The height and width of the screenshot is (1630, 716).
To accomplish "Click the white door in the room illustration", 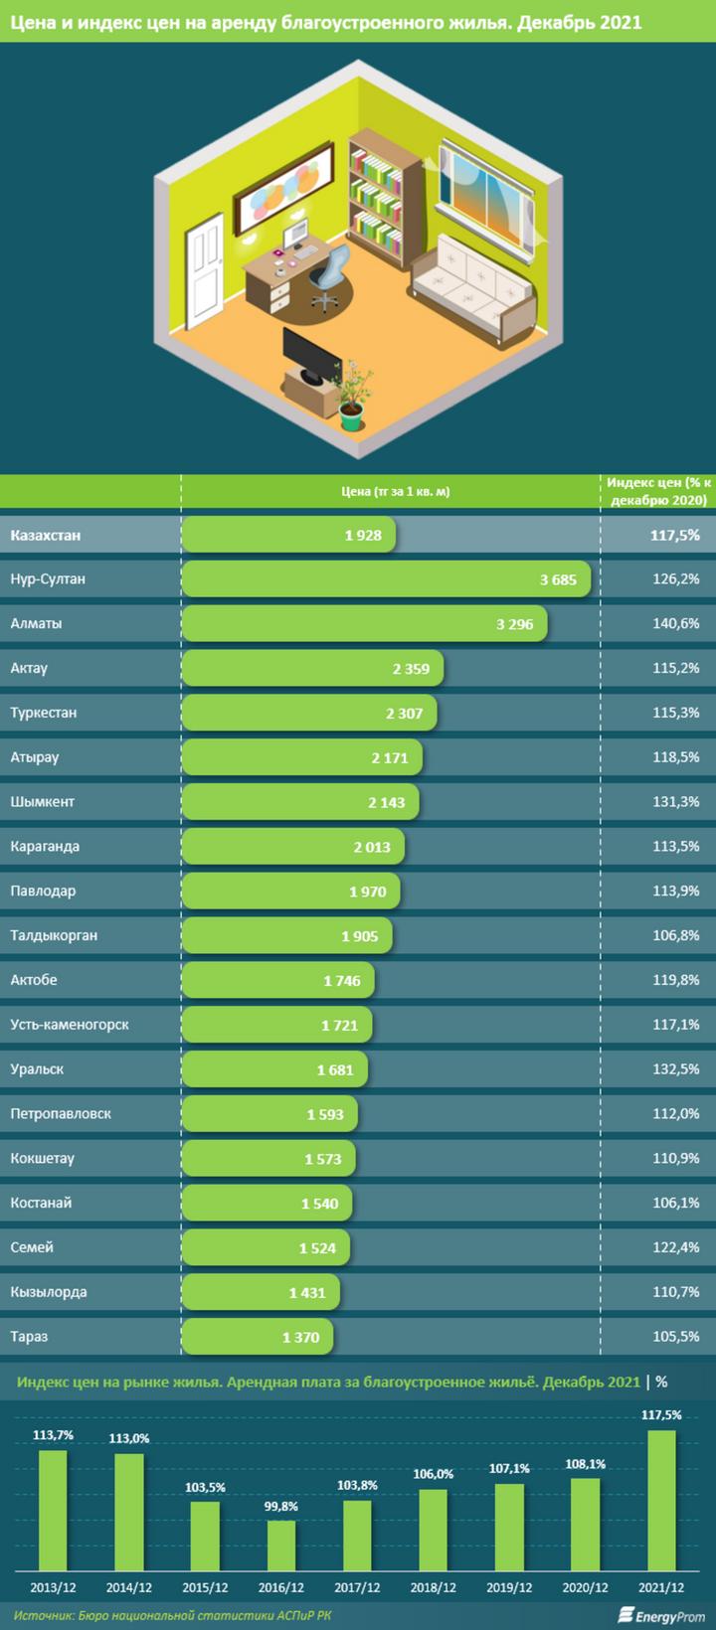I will pyautogui.click(x=207, y=268).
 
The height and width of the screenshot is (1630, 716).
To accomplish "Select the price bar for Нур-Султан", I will pyautogui.click(x=386, y=579).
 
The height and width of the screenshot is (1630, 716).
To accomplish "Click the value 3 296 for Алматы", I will pyautogui.click(x=514, y=624).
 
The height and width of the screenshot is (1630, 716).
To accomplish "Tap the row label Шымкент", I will pyautogui.click(x=43, y=802).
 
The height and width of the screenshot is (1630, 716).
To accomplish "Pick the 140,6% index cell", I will pyautogui.click(x=676, y=624).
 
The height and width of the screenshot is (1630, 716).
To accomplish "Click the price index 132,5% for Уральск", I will pyautogui.click(x=676, y=1069).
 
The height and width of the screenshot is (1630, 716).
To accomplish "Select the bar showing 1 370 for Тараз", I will pyautogui.click(x=258, y=1337).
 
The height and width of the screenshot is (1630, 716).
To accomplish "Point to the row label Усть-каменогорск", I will pyautogui.click(x=70, y=1025).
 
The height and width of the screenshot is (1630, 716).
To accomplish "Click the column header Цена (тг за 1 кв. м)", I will pyautogui.click(x=395, y=491).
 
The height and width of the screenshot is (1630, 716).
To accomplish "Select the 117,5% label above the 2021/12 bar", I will pyautogui.click(x=662, y=1414).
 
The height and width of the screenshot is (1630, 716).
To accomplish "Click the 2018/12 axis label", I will pyautogui.click(x=433, y=1587).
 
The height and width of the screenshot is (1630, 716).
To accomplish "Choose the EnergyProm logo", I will pyautogui.click(x=661, y=1615).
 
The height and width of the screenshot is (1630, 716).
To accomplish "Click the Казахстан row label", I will pyautogui.click(x=46, y=535).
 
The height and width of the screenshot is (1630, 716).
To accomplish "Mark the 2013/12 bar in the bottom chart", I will pyautogui.click(x=54, y=1510).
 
